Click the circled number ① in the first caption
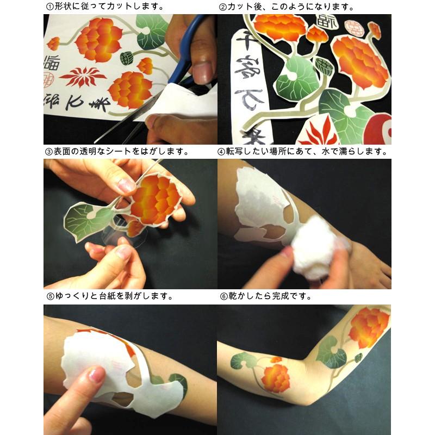(x=49, y=7)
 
